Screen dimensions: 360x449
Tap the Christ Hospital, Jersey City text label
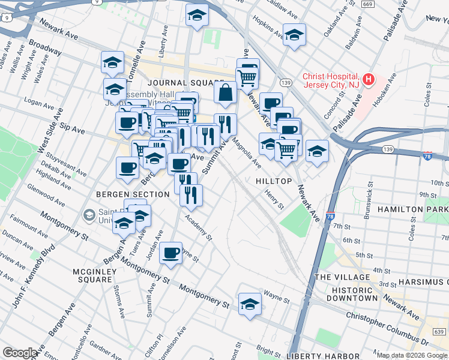click(x=331, y=80)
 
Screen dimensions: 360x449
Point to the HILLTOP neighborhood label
click(x=274, y=181)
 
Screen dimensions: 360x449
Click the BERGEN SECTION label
click(x=133, y=194)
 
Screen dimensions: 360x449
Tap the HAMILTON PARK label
click(x=413, y=209)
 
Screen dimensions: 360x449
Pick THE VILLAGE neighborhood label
click(x=342, y=277)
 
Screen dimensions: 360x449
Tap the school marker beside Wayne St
click(x=250, y=304)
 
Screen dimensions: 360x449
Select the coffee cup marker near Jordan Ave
click(x=171, y=253)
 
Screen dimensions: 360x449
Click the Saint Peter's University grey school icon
click(x=89, y=214)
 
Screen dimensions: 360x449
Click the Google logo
click(x=20, y=353)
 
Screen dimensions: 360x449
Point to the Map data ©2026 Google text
click(x=412, y=355)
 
